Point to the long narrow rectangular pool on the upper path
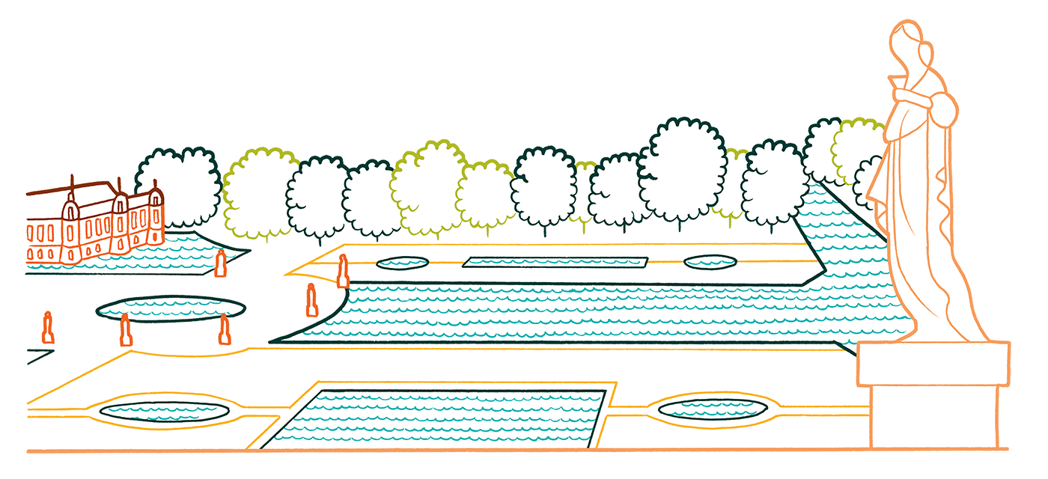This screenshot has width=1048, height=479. point(555,262)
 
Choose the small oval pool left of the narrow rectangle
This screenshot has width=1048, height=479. point(402,263)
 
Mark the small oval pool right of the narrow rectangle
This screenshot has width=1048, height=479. point(710,262)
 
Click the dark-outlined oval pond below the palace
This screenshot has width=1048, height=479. point(170,308)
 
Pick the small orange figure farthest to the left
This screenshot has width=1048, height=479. point(48,329)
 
